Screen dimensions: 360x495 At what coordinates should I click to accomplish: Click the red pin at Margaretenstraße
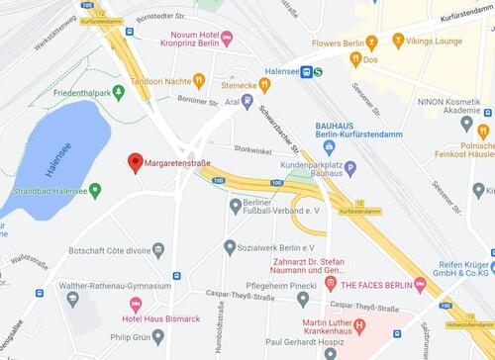[x=136, y=162]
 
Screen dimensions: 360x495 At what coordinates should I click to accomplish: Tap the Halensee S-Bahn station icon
[x=308, y=71]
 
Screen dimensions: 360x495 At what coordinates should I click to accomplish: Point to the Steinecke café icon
[x=264, y=84]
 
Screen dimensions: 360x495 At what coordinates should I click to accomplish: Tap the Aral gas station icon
[x=247, y=102]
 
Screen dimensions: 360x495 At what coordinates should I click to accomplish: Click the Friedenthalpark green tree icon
[x=119, y=92]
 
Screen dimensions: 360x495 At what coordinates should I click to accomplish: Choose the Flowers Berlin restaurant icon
[x=371, y=44]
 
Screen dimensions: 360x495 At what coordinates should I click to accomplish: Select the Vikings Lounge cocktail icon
[x=398, y=41]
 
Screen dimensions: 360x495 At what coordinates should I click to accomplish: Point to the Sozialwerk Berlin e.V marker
[x=230, y=247]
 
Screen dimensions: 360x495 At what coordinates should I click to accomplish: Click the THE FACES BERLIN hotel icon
[x=421, y=285]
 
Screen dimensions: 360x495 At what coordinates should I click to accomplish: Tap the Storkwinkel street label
[x=252, y=150]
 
